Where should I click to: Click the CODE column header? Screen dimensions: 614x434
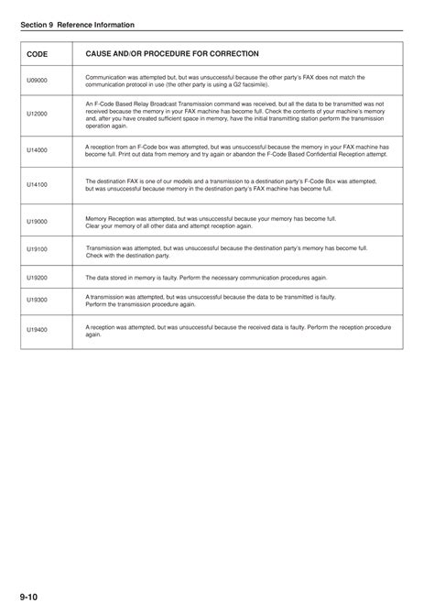click(x=38, y=55)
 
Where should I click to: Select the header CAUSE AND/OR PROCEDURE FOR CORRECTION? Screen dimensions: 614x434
click(x=172, y=54)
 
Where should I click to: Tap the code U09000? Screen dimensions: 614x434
click(x=37, y=81)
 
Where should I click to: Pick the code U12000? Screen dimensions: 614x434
click(x=37, y=115)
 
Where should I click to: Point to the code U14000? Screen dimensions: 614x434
click(x=37, y=149)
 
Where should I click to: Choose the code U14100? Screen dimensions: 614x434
click(x=37, y=185)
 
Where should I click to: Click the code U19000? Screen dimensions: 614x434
click(x=37, y=222)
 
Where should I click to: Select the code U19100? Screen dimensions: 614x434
click(x=37, y=249)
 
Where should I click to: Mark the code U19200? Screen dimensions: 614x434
click(x=37, y=276)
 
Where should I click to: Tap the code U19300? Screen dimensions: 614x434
click(x=37, y=300)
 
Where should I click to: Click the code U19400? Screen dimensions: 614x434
click(x=37, y=330)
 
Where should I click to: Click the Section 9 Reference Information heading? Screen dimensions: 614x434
click(x=77, y=25)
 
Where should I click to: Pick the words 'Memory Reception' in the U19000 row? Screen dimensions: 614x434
click(x=108, y=219)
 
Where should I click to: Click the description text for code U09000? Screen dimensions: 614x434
click(x=223, y=81)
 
